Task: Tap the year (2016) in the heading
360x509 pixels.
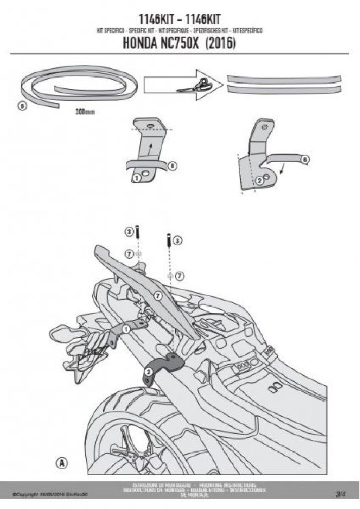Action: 220,43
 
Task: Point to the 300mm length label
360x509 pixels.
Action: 85,112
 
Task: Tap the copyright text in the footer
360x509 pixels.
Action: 50,495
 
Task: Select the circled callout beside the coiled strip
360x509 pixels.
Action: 23,106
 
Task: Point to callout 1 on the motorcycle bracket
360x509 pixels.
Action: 126,329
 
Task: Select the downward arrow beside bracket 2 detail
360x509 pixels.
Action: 282,171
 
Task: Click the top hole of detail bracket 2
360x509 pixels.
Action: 265,129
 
